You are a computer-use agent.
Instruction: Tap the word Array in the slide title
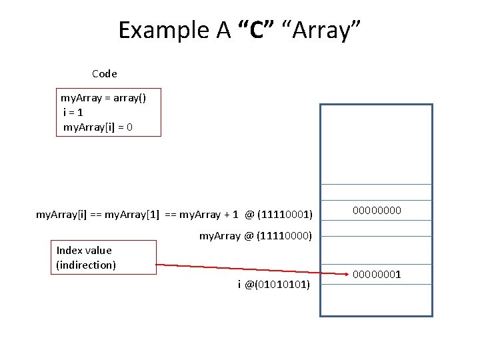[x=322, y=30]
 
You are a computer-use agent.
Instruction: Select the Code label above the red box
[x=105, y=73]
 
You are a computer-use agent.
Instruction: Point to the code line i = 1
[x=73, y=112]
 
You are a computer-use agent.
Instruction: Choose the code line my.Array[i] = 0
[x=97, y=127]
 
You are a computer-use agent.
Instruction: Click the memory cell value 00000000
[x=377, y=211]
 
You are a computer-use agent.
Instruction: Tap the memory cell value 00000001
[x=377, y=274]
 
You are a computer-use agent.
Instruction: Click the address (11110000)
[x=284, y=235]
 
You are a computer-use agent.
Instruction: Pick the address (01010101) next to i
[x=283, y=285]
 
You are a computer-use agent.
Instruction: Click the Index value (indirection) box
[x=103, y=258]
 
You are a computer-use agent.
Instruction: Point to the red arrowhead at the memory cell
[x=347, y=273]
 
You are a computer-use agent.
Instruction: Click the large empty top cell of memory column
[x=377, y=144]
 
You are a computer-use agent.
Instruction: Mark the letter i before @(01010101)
[x=239, y=285]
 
